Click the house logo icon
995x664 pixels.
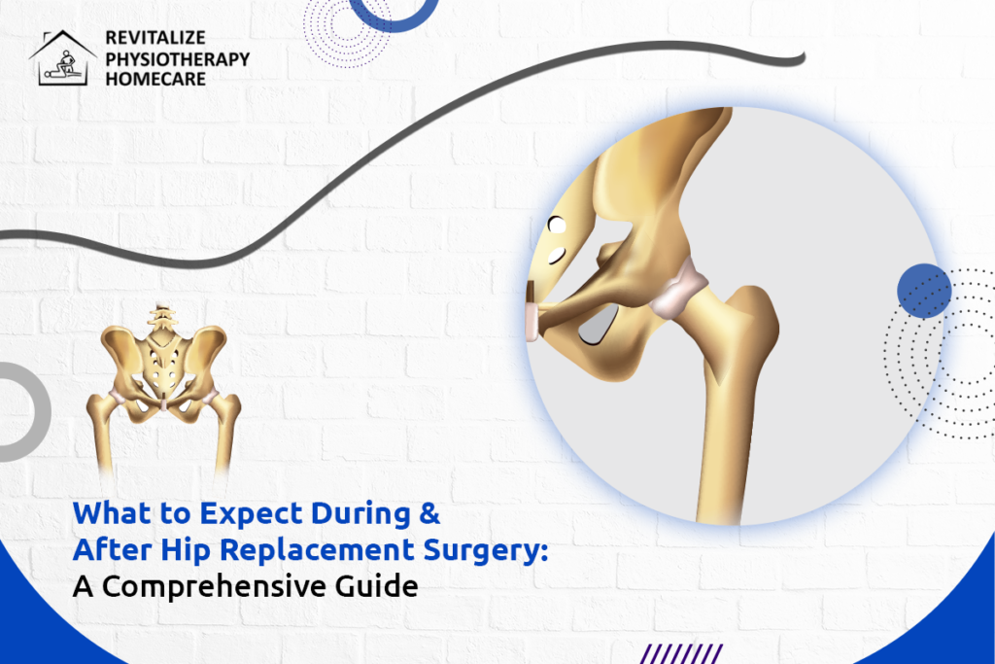click(x=64, y=58)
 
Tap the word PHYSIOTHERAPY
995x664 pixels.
click(x=177, y=59)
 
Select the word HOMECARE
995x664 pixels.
click(x=155, y=78)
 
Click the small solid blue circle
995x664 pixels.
click(x=924, y=291)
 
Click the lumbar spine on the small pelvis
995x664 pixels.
click(x=163, y=320)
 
